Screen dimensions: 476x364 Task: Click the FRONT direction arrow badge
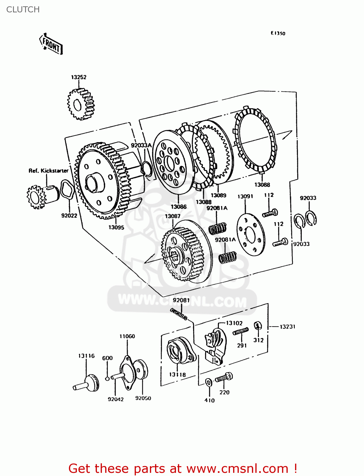(51, 44)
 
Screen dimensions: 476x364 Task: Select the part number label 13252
(78, 77)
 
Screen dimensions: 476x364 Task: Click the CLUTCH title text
(23, 10)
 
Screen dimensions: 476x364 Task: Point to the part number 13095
(116, 227)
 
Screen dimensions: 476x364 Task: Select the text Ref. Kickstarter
(48, 171)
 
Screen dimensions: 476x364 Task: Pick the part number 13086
(179, 207)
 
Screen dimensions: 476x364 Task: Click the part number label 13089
(219, 195)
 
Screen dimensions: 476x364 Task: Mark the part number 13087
(172, 216)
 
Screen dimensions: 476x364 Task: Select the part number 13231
(287, 327)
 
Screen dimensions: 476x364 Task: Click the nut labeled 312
(258, 326)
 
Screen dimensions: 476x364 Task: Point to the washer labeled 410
(209, 382)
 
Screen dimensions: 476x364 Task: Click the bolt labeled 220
(224, 378)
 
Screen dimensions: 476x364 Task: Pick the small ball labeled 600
(107, 378)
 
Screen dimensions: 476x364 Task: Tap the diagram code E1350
(278, 33)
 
